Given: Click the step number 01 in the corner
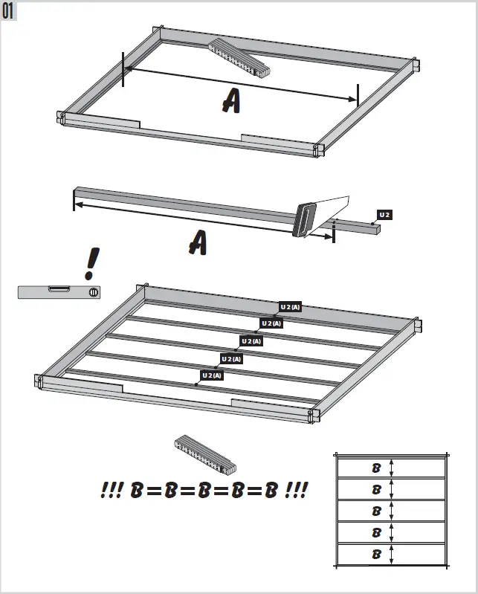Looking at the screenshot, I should (10, 11).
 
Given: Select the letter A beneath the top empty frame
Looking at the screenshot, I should (230, 100).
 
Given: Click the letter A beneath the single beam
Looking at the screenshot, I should (197, 242).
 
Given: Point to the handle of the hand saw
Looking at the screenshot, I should (304, 222).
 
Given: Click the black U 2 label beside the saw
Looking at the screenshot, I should (384, 215).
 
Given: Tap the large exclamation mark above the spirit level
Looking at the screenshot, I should (92, 264).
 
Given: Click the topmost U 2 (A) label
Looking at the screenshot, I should (290, 306).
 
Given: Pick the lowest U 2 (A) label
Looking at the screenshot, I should (212, 375).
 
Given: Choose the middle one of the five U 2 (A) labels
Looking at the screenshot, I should (251, 341).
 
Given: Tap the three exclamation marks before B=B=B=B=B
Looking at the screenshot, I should (112, 491).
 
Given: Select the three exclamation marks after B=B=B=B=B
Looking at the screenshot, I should (295, 491).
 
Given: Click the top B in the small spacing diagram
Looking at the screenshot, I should (376, 468).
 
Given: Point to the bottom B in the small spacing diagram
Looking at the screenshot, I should (376, 555).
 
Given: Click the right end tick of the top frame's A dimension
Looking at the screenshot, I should (358, 95).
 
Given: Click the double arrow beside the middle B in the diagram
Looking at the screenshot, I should (391, 511).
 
